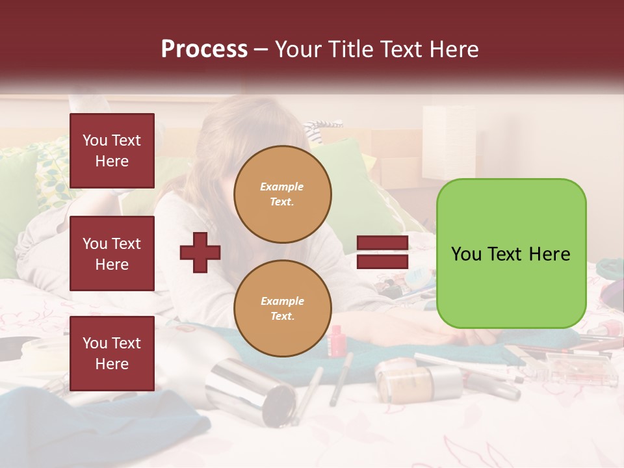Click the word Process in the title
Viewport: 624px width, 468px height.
click(x=204, y=49)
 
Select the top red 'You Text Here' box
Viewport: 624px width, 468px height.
click(x=112, y=151)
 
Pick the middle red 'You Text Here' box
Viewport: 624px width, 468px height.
click(x=112, y=253)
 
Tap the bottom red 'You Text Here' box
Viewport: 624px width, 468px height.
click(x=112, y=353)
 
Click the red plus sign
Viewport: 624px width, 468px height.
click(x=200, y=252)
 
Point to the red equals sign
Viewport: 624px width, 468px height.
click(x=382, y=252)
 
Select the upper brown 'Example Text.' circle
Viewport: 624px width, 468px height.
click(x=282, y=194)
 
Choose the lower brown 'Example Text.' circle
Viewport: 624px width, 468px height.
click(x=282, y=308)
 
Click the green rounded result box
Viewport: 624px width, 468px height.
click(x=511, y=253)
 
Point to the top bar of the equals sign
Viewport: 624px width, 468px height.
click(x=382, y=243)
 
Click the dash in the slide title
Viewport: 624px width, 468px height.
click(x=261, y=49)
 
